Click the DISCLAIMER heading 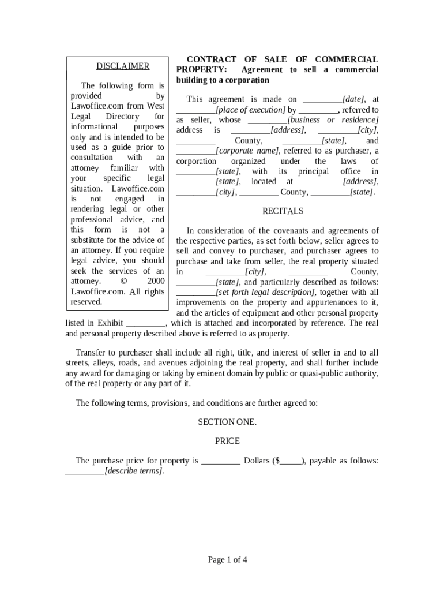coord(122,66)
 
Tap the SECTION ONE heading coord(227,421)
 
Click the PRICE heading coord(227,441)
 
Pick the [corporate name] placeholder coord(247,151)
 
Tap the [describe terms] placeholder coord(134,471)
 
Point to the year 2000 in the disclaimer coord(156,281)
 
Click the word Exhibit coord(110,323)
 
